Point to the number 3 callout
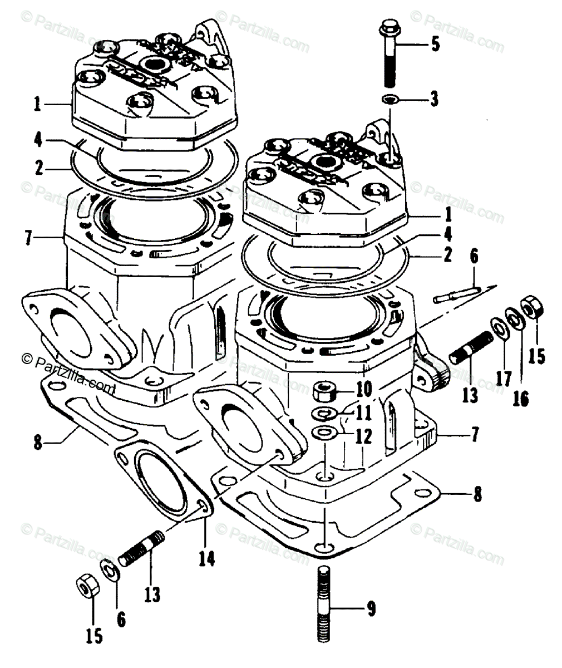point(433,100)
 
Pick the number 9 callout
point(371,611)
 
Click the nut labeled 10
point(323,392)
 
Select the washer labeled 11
point(323,414)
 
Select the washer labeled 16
point(514,319)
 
